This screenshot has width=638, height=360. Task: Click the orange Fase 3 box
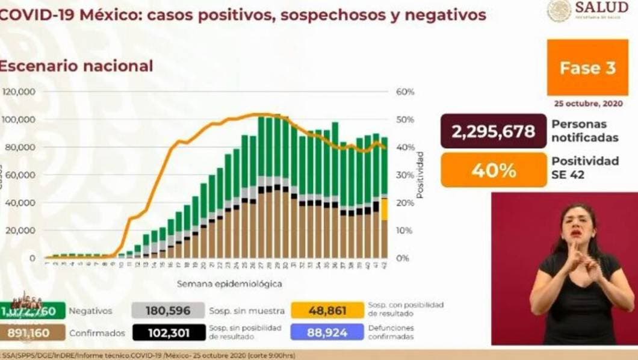pyautogui.click(x=587, y=67)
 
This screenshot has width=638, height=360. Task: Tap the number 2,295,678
pyautogui.click(x=494, y=131)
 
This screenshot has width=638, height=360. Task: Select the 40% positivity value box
pyautogui.click(x=494, y=170)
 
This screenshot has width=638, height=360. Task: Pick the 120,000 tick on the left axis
pyautogui.click(x=19, y=92)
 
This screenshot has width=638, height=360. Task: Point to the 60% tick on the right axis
pyautogui.click(x=405, y=92)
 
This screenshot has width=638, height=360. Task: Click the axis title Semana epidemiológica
pyautogui.click(x=229, y=283)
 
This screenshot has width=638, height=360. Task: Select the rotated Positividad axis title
pyautogui.click(x=420, y=175)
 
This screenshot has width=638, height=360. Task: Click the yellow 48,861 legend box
pyautogui.click(x=327, y=310)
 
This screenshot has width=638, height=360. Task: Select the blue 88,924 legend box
pyautogui.click(x=327, y=332)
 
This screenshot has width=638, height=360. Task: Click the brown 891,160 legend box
pyautogui.click(x=29, y=333)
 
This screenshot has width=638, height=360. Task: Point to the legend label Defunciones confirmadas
pyautogui.click(x=392, y=332)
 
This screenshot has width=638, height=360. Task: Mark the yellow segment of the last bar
pyautogui.click(x=384, y=209)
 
